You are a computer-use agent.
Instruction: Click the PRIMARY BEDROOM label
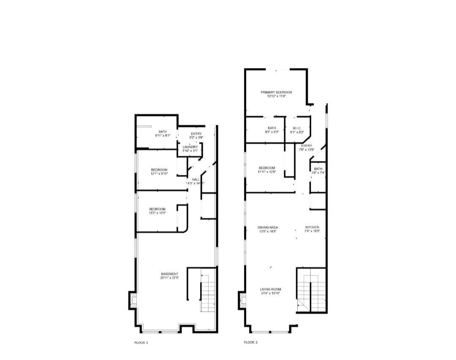point(276,92)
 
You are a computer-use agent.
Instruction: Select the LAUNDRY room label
point(190,147)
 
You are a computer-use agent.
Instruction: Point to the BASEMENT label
point(170,274)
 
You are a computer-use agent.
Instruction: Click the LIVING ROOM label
point(270,289)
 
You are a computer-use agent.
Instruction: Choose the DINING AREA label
point(268,227)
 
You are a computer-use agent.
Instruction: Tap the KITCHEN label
point(312,227)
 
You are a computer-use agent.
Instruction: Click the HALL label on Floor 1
point(196,179)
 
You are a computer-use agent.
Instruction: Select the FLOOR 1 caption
point(141,342)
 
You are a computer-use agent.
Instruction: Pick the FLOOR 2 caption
point(250,342)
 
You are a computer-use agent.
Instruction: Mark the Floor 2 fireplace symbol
point(242,301)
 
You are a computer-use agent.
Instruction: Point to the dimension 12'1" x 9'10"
point(159,173)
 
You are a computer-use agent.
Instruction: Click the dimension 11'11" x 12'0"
point(267,172)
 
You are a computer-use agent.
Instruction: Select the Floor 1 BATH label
point(163,132)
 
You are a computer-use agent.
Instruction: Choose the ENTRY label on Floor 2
point(307,146)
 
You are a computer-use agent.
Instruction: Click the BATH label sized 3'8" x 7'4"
point(318,169)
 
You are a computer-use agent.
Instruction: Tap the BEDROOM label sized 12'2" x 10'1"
point(157,209)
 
